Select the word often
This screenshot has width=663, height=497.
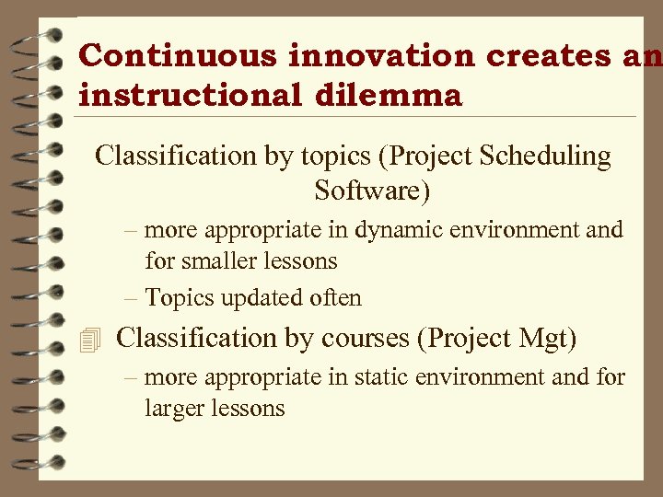point(336,298)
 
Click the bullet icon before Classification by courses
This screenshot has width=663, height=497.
point(88,340)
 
